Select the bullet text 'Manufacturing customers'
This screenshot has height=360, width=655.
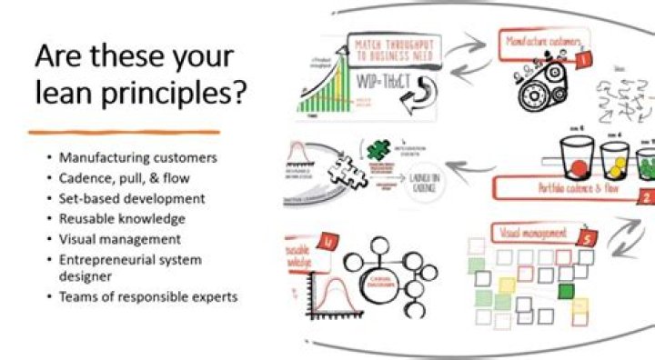point(137,157)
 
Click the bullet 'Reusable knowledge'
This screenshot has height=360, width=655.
point(122,218)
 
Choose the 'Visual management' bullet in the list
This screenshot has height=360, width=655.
point(119,239)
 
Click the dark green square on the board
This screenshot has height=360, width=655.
point(567,292)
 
